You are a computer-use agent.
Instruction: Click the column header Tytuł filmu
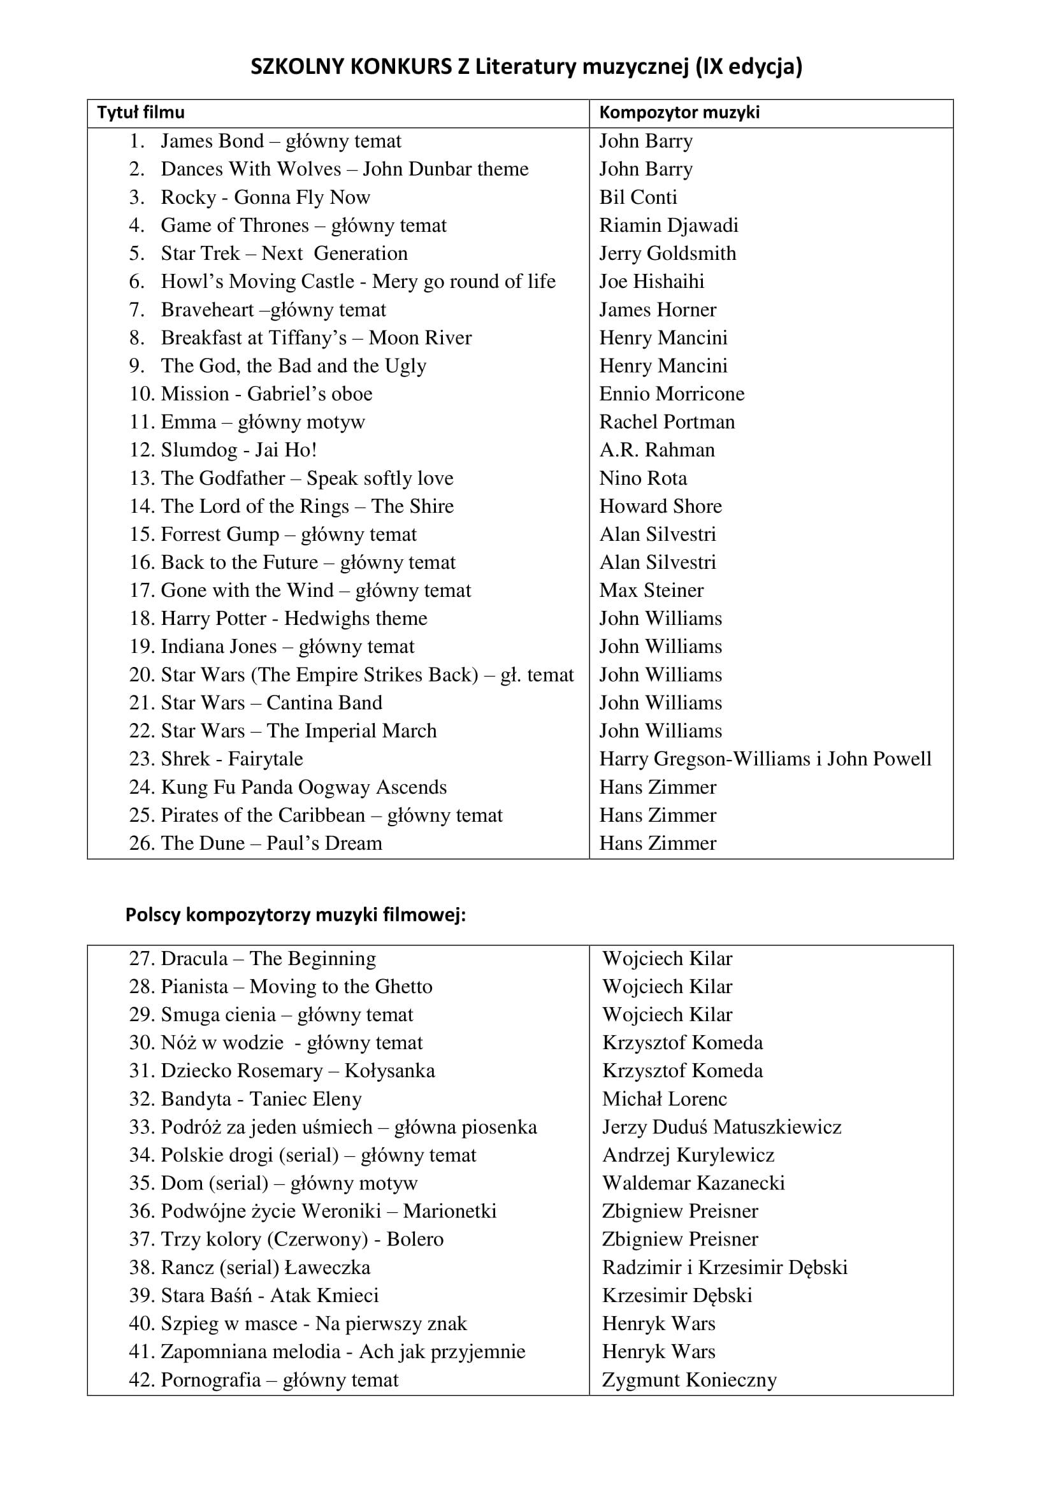tap(141, 113)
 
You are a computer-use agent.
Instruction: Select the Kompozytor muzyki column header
tap(679, 113)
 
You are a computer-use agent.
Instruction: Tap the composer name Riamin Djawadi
tap(668, 225)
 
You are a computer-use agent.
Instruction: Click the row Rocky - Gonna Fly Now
tap(265, 197)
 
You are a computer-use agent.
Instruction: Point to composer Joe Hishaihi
tap(652, 282)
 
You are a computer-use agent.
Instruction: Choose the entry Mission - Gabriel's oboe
tap(266, 394)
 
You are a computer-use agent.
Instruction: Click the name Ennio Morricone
tap(672, 394)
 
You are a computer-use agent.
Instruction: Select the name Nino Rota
tap(642, 478)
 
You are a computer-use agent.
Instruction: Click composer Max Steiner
tap(651, 591)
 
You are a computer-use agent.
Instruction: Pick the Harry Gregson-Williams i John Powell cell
tap(765, 759)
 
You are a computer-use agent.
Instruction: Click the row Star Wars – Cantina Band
tap(271, 703)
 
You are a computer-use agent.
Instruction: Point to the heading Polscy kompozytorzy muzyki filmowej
tap(295, 915)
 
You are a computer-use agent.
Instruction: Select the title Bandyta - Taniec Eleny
tap(261, 1100)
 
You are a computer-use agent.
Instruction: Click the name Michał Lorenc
tap(665, 1100)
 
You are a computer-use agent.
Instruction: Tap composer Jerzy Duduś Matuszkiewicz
tap(722, 1128)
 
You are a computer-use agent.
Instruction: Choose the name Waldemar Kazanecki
tap(693, 1183)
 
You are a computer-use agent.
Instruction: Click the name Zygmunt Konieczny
tap(689, 1380)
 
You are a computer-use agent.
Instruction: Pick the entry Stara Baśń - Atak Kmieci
tap(270, 1295)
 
